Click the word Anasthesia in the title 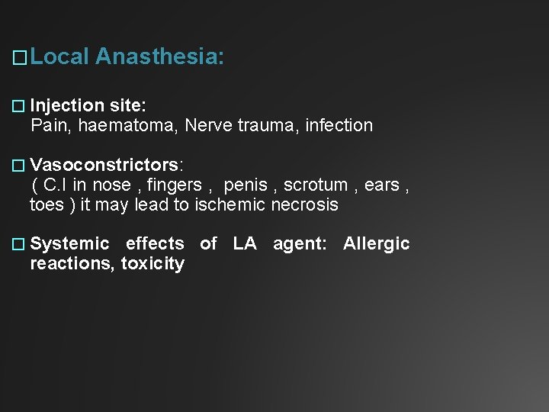pos(160,56)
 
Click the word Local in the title pos(61,56)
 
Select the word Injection pos(67,105)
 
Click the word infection pos(339,125)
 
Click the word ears pos(381,185)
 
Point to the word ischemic pos(231,204)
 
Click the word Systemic pos(70,244)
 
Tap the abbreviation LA pos(245,244)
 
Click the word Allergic pos(376,244)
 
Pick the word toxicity pos(152,264)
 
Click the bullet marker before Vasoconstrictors pos(20,166)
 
